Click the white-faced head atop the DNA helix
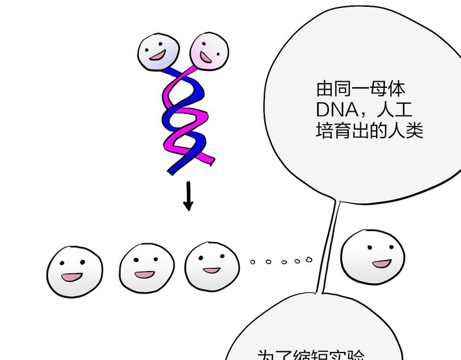[159, 52]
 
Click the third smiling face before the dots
[213, 266]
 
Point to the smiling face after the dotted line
[373, 256]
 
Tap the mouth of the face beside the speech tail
[382, 264]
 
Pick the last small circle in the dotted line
[308, 259]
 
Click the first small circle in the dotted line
[253, 262]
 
